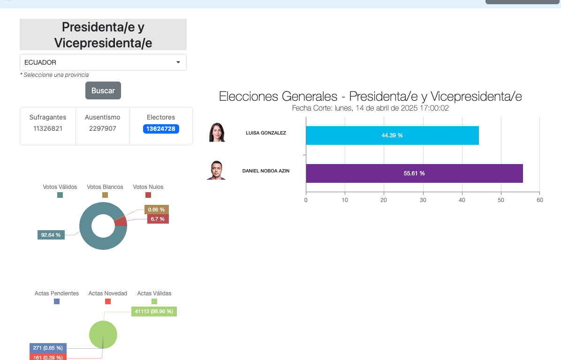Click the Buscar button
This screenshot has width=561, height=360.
(103, 90)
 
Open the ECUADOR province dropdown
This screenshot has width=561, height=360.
(103, 62)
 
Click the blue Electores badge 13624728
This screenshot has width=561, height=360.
(161, 129)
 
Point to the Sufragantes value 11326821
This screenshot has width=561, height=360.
(48, 128)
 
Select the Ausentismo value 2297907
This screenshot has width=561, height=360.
(103, 128)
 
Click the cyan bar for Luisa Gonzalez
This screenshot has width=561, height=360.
(392, 135)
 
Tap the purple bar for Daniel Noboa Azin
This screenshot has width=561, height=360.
(414, 173)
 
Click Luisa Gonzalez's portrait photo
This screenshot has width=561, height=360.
(217, 133)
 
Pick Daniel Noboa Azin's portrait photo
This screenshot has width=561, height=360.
(216, 171)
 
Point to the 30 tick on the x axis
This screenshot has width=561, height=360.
(423, 200)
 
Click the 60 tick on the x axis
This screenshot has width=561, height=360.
(539, 200)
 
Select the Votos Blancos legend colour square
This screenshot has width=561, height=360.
(105, 195)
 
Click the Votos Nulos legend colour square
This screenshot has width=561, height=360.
(148, 195)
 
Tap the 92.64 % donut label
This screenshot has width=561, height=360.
(51, 235)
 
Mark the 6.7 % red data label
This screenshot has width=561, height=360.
(158, 219)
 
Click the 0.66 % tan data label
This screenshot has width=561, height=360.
(156, 210)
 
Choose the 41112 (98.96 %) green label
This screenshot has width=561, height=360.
(154, 311)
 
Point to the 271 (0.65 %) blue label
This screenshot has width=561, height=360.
(48, 348)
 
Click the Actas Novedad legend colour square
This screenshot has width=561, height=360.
(108, 301)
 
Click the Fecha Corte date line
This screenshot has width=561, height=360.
(370, 108)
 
